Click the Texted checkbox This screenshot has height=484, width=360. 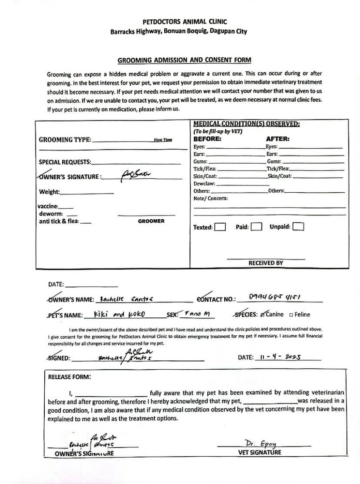pyautogui.click(x=220, y=227)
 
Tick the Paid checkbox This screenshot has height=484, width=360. pyautogui.click(x=256, y=227)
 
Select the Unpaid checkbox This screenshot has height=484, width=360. pyautogui.click(x=298, y=227)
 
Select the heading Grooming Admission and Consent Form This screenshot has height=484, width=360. pyautogui.click(x=184, y=60)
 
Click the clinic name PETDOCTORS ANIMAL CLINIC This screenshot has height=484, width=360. pyautogui.click(x=184, y=22)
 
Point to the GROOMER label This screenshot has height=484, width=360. pyautogui.click(x=151, y=221)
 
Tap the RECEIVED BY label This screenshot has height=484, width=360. pyautogui.click(x=266, y=263)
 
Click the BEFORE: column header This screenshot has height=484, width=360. pyautogui.click(x=207, y=139)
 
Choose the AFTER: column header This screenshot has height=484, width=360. pyautogui.click(x=278, y=139)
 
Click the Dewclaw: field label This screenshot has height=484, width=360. pyautogui.click(x=205, y=184)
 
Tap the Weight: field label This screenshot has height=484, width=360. pyautogui.click(x=49, y=192)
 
